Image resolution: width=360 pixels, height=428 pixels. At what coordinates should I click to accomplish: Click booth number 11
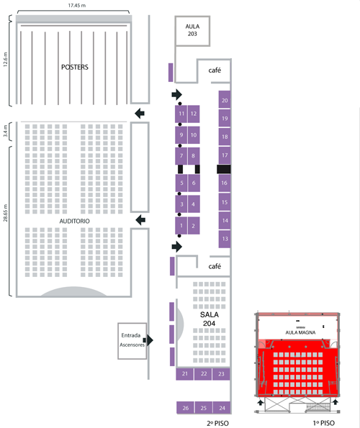click(181, 114)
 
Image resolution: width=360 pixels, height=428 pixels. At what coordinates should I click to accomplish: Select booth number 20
click(225, 100)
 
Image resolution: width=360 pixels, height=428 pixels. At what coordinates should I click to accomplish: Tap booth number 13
click(225, 239)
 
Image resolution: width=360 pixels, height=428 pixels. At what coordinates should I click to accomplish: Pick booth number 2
click(194, 226)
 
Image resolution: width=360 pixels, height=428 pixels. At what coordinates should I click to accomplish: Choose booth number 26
click(185, 408)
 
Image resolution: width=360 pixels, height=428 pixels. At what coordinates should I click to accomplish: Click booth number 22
click(203, 374)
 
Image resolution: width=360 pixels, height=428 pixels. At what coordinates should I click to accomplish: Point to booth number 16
click(225, 183)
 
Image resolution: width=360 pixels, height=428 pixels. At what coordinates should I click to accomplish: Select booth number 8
click(194, 156)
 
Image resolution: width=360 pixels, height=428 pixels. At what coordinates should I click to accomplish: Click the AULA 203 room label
click(192, 30)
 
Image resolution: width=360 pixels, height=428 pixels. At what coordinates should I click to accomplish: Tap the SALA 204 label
click(210, 319)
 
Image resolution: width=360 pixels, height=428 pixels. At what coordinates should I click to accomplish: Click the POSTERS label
click(75, 67)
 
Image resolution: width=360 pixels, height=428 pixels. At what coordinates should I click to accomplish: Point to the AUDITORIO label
click(75, 221)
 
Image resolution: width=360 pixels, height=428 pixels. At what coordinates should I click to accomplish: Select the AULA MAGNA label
click(300, 332)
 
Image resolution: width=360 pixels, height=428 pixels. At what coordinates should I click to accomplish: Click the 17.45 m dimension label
click(77, 5)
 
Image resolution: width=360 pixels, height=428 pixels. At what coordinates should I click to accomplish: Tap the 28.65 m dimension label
click(6, 213)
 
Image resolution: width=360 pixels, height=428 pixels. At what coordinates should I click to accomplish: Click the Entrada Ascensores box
click(132, 341)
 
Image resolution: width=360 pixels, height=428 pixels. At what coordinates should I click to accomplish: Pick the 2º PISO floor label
click(217, 424)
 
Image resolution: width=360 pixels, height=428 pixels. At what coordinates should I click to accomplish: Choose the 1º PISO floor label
click(324, 424)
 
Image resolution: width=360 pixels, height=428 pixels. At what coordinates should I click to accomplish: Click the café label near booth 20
click(215, 70)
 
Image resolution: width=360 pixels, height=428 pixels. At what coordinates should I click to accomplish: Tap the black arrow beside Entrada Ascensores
click(149, 340)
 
